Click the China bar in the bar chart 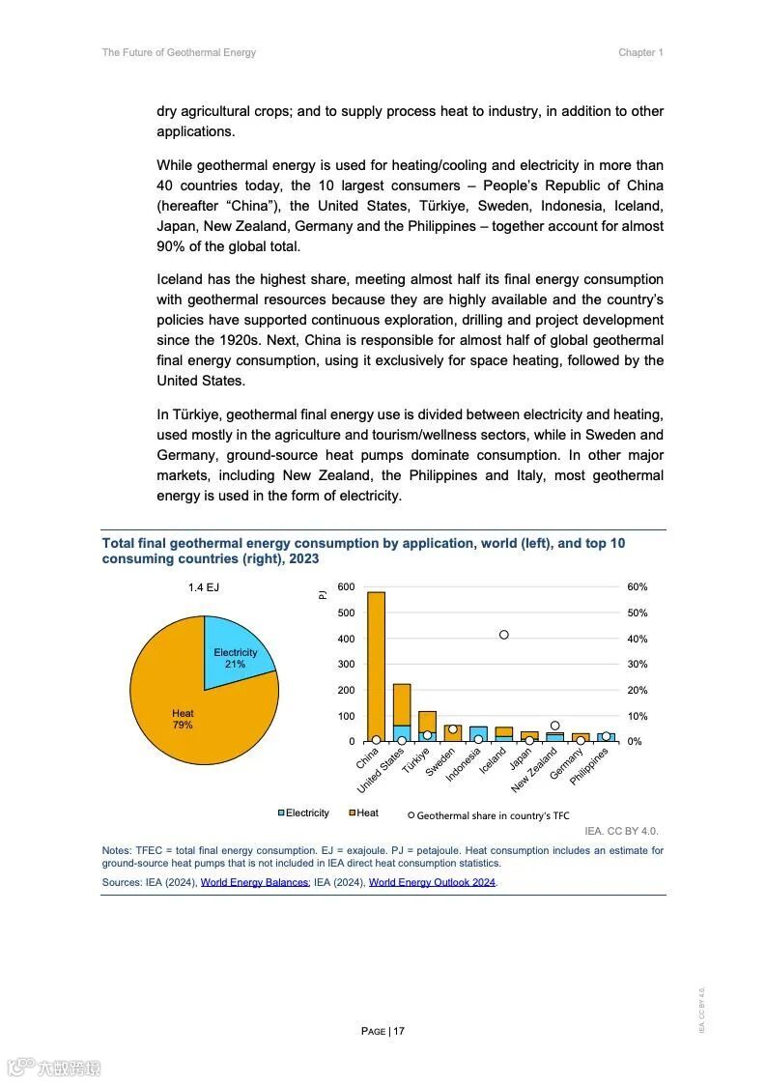376,667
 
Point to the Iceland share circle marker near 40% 504,635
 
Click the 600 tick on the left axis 346,587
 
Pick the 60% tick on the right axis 638,587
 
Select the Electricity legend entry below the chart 303,813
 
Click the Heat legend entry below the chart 364,813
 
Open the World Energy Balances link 255,882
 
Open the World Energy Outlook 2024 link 432,882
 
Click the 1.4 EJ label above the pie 204,587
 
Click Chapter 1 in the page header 640,53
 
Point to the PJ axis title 324,595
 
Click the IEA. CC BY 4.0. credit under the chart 621,831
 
